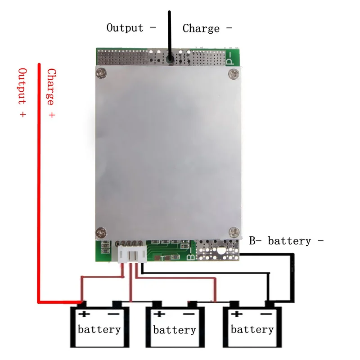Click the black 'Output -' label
point(131,28)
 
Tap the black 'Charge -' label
point(207,28)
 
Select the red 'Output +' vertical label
point(22,92)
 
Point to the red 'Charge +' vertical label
point(51,93)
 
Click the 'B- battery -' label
point(286,241)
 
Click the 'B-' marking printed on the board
point(191,254)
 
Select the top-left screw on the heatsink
point(101,73)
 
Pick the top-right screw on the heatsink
point(234,74)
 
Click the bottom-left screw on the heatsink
point(101,233)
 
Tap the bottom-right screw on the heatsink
point(234,232)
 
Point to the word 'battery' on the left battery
point(99,329)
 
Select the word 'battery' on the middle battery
point(175,330)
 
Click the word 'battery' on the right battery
point(252,329)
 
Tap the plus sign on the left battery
point(84,314)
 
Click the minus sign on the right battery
point(266,314)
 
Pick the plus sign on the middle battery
point(159,314)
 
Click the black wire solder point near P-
point(170,59)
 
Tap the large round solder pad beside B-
point(221,251)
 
